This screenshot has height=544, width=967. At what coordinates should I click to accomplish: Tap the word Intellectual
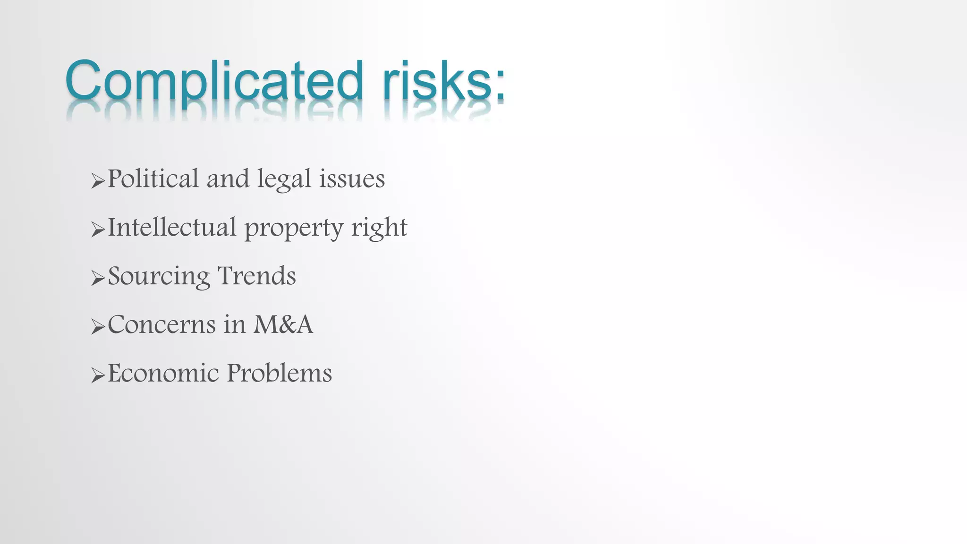pos(172,227)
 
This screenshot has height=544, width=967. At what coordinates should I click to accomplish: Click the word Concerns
pos(162,324)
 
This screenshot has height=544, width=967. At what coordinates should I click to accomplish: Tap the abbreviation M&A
pos(283,324)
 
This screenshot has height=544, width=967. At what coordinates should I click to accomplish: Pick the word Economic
pos(163,373)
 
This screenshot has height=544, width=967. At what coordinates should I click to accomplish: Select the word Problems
pos(279,373)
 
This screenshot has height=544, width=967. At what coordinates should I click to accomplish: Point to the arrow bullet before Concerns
pos(98,327)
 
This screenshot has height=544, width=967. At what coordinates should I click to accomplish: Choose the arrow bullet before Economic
pos(98,375)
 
